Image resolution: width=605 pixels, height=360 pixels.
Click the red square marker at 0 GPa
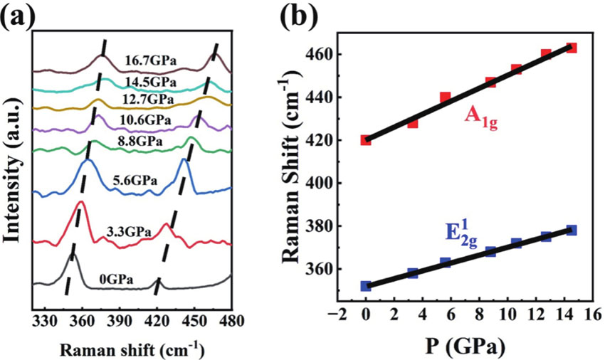pyautogui.click(x=366, y=140)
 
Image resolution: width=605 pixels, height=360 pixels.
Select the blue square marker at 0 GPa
pyautogui.click(x=366, y=286)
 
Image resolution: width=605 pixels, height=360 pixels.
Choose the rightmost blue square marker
pyautogui.click(x=571, y=231)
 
